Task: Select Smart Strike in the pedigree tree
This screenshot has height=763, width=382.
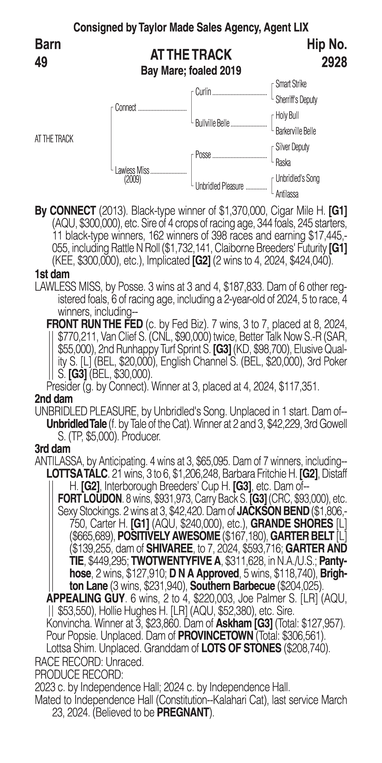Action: [x=291, y=84]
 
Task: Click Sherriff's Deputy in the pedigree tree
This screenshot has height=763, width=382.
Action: [x=296, y=100]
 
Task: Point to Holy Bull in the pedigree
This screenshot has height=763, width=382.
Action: [x=287, y=115]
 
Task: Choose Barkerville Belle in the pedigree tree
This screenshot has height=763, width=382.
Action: [x=296, y=131]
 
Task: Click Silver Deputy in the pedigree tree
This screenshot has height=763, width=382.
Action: [x=292, y=147]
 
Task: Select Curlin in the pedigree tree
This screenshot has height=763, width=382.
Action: [x=203, y=92]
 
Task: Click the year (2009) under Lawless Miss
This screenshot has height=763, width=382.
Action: [x=132, y=180]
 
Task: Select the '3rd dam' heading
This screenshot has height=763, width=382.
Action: [x=52, y=449]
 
